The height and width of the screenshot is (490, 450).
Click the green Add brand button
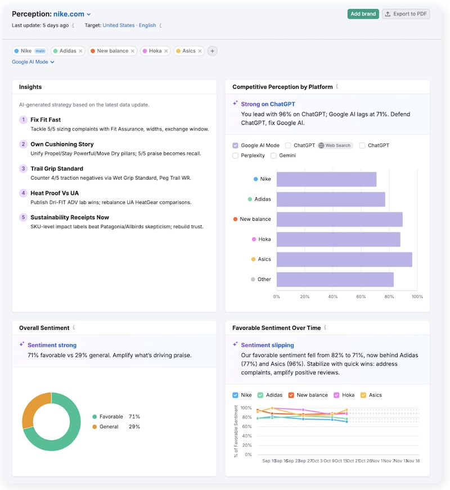(x=363, y=14)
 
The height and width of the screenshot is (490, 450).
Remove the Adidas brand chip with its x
(x=80, y=51)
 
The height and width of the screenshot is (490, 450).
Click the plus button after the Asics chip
(x=212, y=51)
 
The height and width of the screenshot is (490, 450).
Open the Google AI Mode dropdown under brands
(x=33, y=62)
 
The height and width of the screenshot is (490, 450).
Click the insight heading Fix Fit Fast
(x=46, y=120)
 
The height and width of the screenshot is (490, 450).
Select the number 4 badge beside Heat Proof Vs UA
(x=23, y=193)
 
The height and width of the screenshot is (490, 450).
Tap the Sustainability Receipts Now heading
(x=70, y=217)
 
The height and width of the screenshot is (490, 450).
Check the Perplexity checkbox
(x=236, y=156)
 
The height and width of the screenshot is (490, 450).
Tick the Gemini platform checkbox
(x=274, y=156)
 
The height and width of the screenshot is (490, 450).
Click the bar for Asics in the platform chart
(x=344, y=259)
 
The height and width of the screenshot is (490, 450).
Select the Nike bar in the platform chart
(x=326, y=179)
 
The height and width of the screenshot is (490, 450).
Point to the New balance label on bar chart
(x=255, y=219)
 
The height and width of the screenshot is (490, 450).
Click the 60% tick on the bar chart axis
(x=361, y=297)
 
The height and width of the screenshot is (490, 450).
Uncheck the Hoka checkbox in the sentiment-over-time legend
(x=336, y=395)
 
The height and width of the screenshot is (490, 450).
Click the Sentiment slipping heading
(x=267, y=345)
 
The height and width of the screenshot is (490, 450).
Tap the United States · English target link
(x=129, y=25)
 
